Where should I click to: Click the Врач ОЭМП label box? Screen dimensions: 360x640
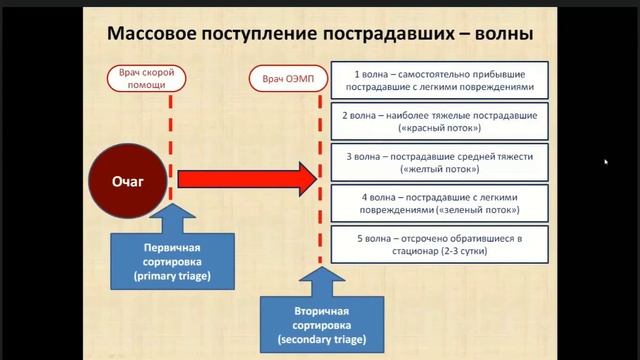tap(287, 78)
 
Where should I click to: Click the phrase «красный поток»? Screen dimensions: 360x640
tap(440, 130)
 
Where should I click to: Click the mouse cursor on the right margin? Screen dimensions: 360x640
tap(606, 161)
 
